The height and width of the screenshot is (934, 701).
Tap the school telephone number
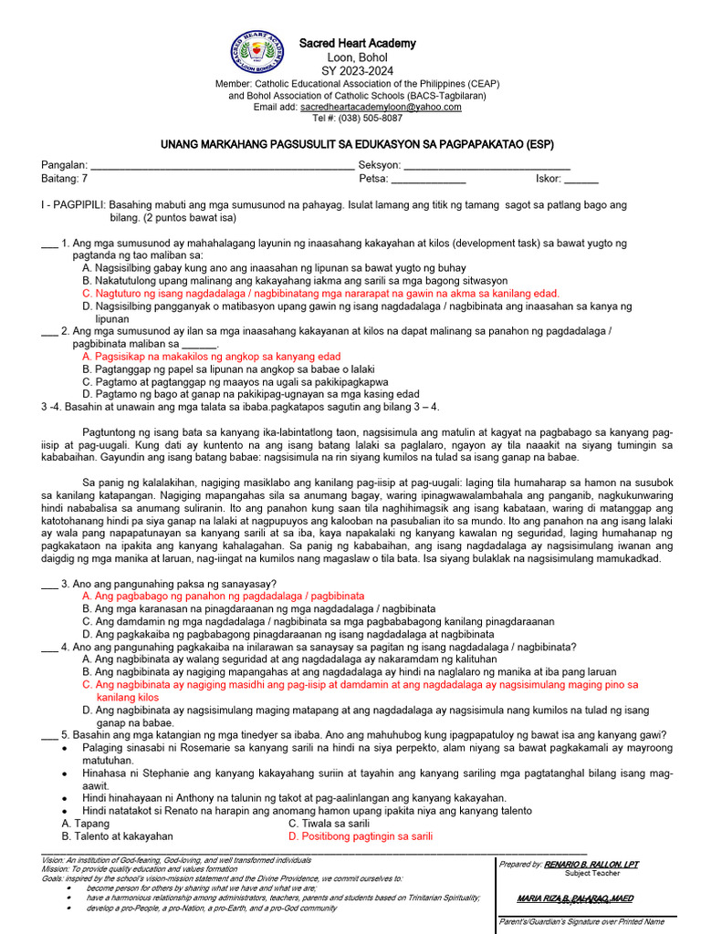click(357, 119)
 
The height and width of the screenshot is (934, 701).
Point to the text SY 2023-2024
click(357, 70)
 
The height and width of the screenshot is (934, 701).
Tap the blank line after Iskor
click(581, 180)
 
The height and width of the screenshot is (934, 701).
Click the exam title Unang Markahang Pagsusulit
click(357, 144)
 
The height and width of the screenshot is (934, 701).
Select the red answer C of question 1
click(319, 294)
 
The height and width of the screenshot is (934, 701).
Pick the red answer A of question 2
click(211, 357)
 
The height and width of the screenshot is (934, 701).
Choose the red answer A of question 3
click(223, 596)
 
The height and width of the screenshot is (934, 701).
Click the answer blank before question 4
click(49, 647)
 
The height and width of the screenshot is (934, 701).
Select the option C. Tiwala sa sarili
click(329, 823)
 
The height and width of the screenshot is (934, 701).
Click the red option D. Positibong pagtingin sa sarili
click(360, 835)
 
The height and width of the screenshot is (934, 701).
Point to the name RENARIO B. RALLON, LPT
click(591, 863)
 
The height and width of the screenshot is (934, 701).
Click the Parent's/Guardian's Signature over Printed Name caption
click(581, 922)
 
